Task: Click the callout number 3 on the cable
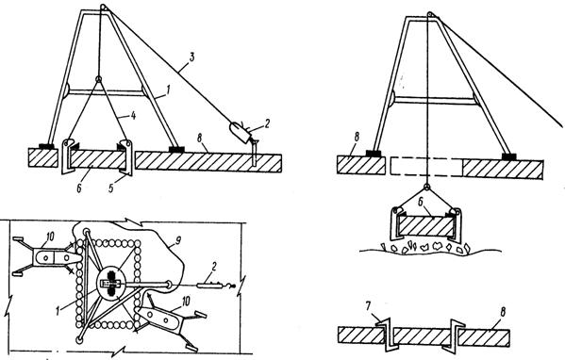[x=191, y=57]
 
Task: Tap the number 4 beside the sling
[x=133, y=117]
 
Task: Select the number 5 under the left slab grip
[x=111, y=188]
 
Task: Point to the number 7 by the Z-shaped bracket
[x=368, y=307]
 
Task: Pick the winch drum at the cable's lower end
[x=240, y=133]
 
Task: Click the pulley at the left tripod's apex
[x=104, y=8]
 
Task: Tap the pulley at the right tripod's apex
[x=429, y=14]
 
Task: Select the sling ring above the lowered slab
[x=426, y=187]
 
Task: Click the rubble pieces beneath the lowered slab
[x=425, y=248]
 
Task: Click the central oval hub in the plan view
[x=111, y=283]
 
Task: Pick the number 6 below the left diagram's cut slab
[x=78, y=187]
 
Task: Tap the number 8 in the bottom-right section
[x=503, y=312]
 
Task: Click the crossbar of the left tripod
[x=105, y=93]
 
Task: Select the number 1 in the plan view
[x=58, y=310]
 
